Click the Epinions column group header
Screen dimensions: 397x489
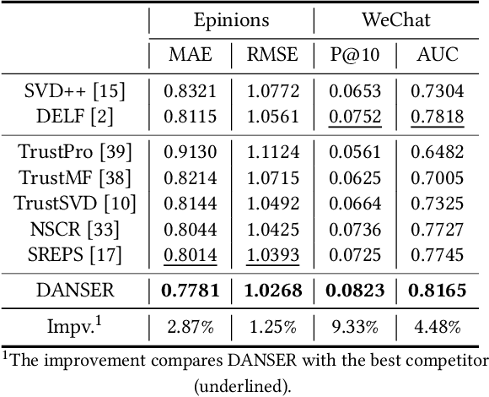(x=232, y=20)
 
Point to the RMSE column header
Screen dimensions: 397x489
(x=271, y=56)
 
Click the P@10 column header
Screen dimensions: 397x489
(x=354, y=56)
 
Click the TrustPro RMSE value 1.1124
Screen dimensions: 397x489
(x=271, y=153)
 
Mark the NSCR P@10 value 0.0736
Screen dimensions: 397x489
(x=354, y=229)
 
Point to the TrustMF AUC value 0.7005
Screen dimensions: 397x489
(x=437, y=178)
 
